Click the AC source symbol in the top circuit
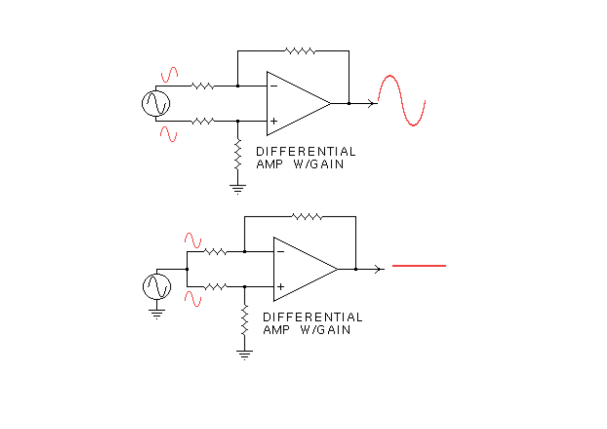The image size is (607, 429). [156, 103]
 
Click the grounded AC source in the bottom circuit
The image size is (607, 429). [157, 286]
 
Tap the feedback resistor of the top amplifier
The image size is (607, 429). [300, 51]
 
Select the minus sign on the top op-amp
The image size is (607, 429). [273, 86]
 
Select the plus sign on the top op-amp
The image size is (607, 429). [273, 121]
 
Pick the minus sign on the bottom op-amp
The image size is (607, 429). [280, 251]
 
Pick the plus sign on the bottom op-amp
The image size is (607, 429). [280, 286]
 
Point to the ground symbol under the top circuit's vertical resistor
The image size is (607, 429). [237, 189]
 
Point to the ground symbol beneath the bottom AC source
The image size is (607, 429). [157, 313]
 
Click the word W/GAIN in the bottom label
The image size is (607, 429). [324, 330]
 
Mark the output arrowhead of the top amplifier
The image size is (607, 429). [371, 103]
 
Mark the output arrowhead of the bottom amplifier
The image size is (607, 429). [378, 269]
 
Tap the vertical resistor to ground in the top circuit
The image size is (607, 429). [237, 154]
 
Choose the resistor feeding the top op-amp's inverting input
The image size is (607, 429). [202, 86]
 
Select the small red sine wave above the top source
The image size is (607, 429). [169, 74]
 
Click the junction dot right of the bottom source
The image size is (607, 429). [187, 269]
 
